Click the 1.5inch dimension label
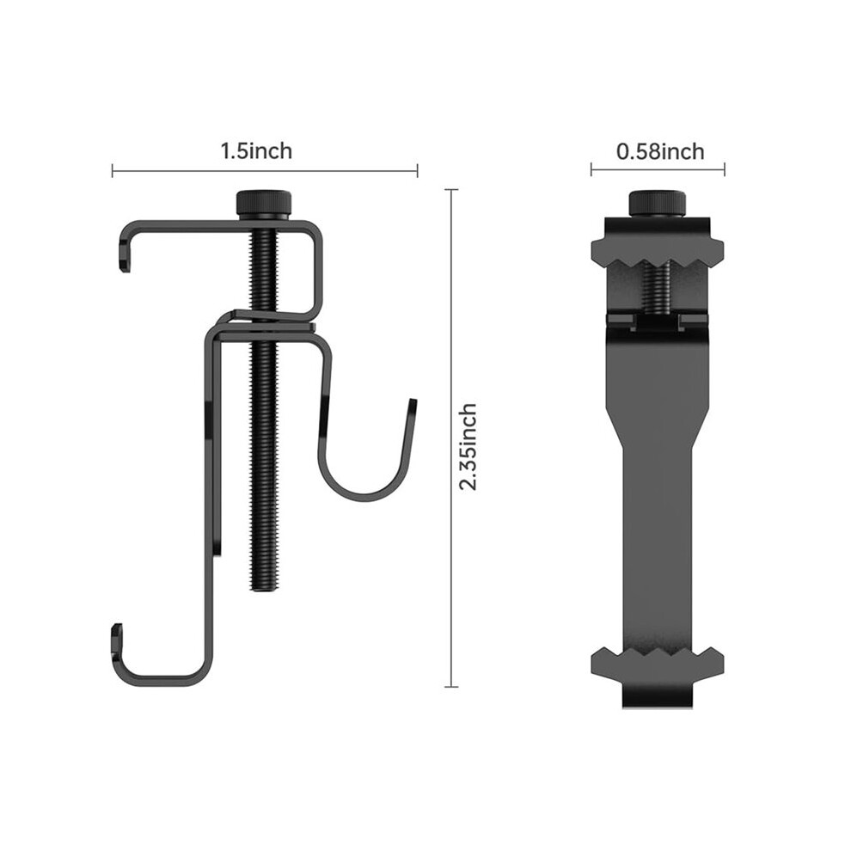[256, 151]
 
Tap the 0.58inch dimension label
[660, 151]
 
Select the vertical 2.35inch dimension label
[468, 447]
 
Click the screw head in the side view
[264, 205]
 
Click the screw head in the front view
[657, 204]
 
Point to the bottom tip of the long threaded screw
[264, 591]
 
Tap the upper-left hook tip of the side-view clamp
[125, 266]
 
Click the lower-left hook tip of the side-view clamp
[117, 629]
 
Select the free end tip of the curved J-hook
[413, 401]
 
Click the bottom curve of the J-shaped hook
[364, 497]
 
